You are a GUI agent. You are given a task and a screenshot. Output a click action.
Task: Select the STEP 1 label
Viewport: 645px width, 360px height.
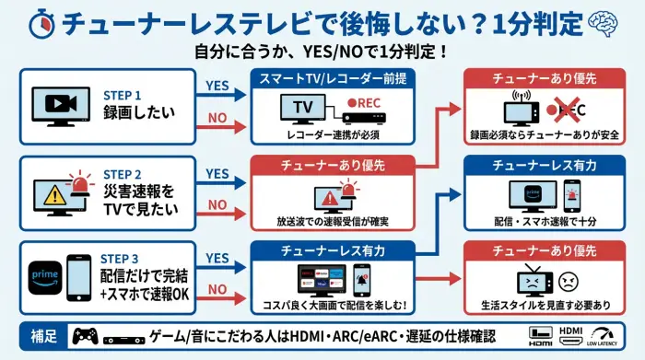tap(122, 94)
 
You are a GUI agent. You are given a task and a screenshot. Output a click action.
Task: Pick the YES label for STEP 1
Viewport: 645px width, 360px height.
tap(217, 86)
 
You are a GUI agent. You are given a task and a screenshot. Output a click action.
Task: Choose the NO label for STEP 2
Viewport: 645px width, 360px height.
tap(217, 204)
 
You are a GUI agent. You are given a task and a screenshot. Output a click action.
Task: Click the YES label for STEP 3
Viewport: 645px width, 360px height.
tap(217, 258)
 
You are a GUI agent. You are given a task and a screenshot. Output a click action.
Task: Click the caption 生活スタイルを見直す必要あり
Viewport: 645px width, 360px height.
tap(545, 305)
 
